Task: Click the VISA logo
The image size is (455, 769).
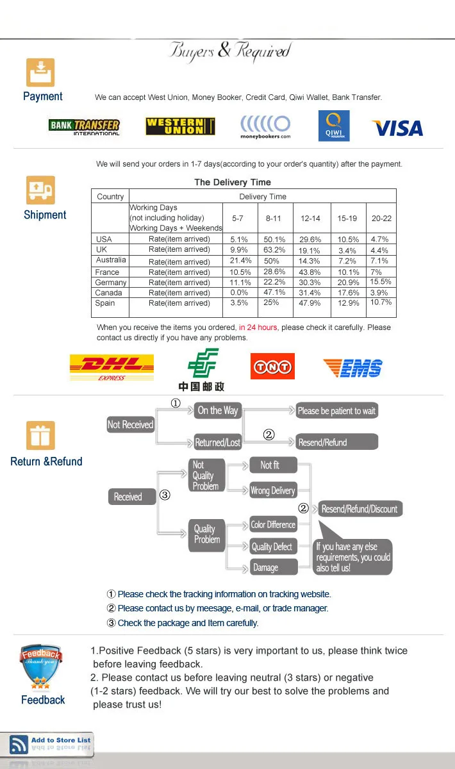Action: pyautogui.click(x=397, y=128)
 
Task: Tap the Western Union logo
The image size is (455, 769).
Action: pyautogui.click(x=180, y=126)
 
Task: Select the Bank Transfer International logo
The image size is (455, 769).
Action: pyautogui.click(x=84, y=126)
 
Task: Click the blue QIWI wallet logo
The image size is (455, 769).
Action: pyautogui.click(x=334, y=126)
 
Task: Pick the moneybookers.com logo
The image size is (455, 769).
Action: pyautogui.click(x=265, y=127)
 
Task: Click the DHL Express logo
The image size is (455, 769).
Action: pyautogui.click(x=112, y=367)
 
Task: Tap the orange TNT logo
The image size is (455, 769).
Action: pyautogui.click(x=272, y=367)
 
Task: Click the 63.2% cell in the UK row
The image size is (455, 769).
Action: pyautogui.click(x=274, y=249)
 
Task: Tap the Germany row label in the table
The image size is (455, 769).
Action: pyautogui.click(x=111, y=283)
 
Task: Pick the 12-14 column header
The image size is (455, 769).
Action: pyautogui.click(x=310, y=219)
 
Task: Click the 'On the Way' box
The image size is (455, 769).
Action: pyautogui.click(x=217, y=411)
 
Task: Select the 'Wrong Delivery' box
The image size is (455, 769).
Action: pyautogui.click(x=272, y=491)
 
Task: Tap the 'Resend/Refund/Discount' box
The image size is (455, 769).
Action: pyautogui.click(x=360, y=509)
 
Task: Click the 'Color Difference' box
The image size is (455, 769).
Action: pyautogui.click(x=273, y=525)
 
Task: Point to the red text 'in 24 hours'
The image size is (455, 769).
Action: pyautogui.click(x=258, y=327)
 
